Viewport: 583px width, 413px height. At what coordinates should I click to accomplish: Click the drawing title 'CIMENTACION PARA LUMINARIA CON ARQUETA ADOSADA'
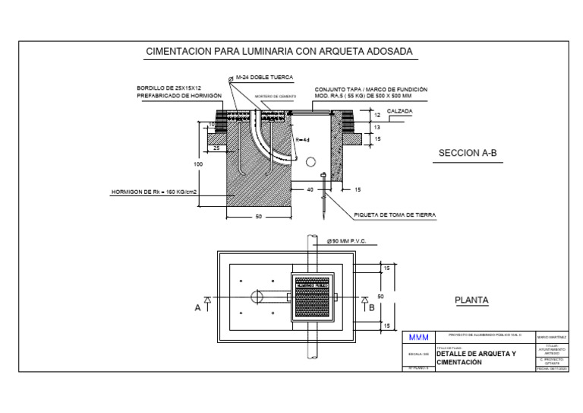coord(279,52)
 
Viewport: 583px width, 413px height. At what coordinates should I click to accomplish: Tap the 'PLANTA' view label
coord(471,300)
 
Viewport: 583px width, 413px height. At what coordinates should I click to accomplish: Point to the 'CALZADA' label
coord(400,111)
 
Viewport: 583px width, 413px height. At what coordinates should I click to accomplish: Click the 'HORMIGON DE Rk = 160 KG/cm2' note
coord(154,192)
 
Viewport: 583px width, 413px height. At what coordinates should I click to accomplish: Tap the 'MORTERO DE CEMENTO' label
coord(275,97)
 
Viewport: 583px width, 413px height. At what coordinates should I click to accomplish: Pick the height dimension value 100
coord(198,164)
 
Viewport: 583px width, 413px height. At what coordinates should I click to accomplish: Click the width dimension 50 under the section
coord(258,217)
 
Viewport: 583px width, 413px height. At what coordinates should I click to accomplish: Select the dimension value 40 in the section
coord(310,189)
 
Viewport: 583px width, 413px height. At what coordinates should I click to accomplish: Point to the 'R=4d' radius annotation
coord(302,140)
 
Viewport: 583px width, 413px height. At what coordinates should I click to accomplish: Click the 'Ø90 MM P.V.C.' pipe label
coord(346,241)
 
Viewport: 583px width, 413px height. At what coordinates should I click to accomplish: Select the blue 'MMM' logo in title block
coord(419,337)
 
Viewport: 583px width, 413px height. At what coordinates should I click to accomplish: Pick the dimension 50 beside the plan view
coord(380,296)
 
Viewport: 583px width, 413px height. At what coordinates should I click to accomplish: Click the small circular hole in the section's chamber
coord(310,162)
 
